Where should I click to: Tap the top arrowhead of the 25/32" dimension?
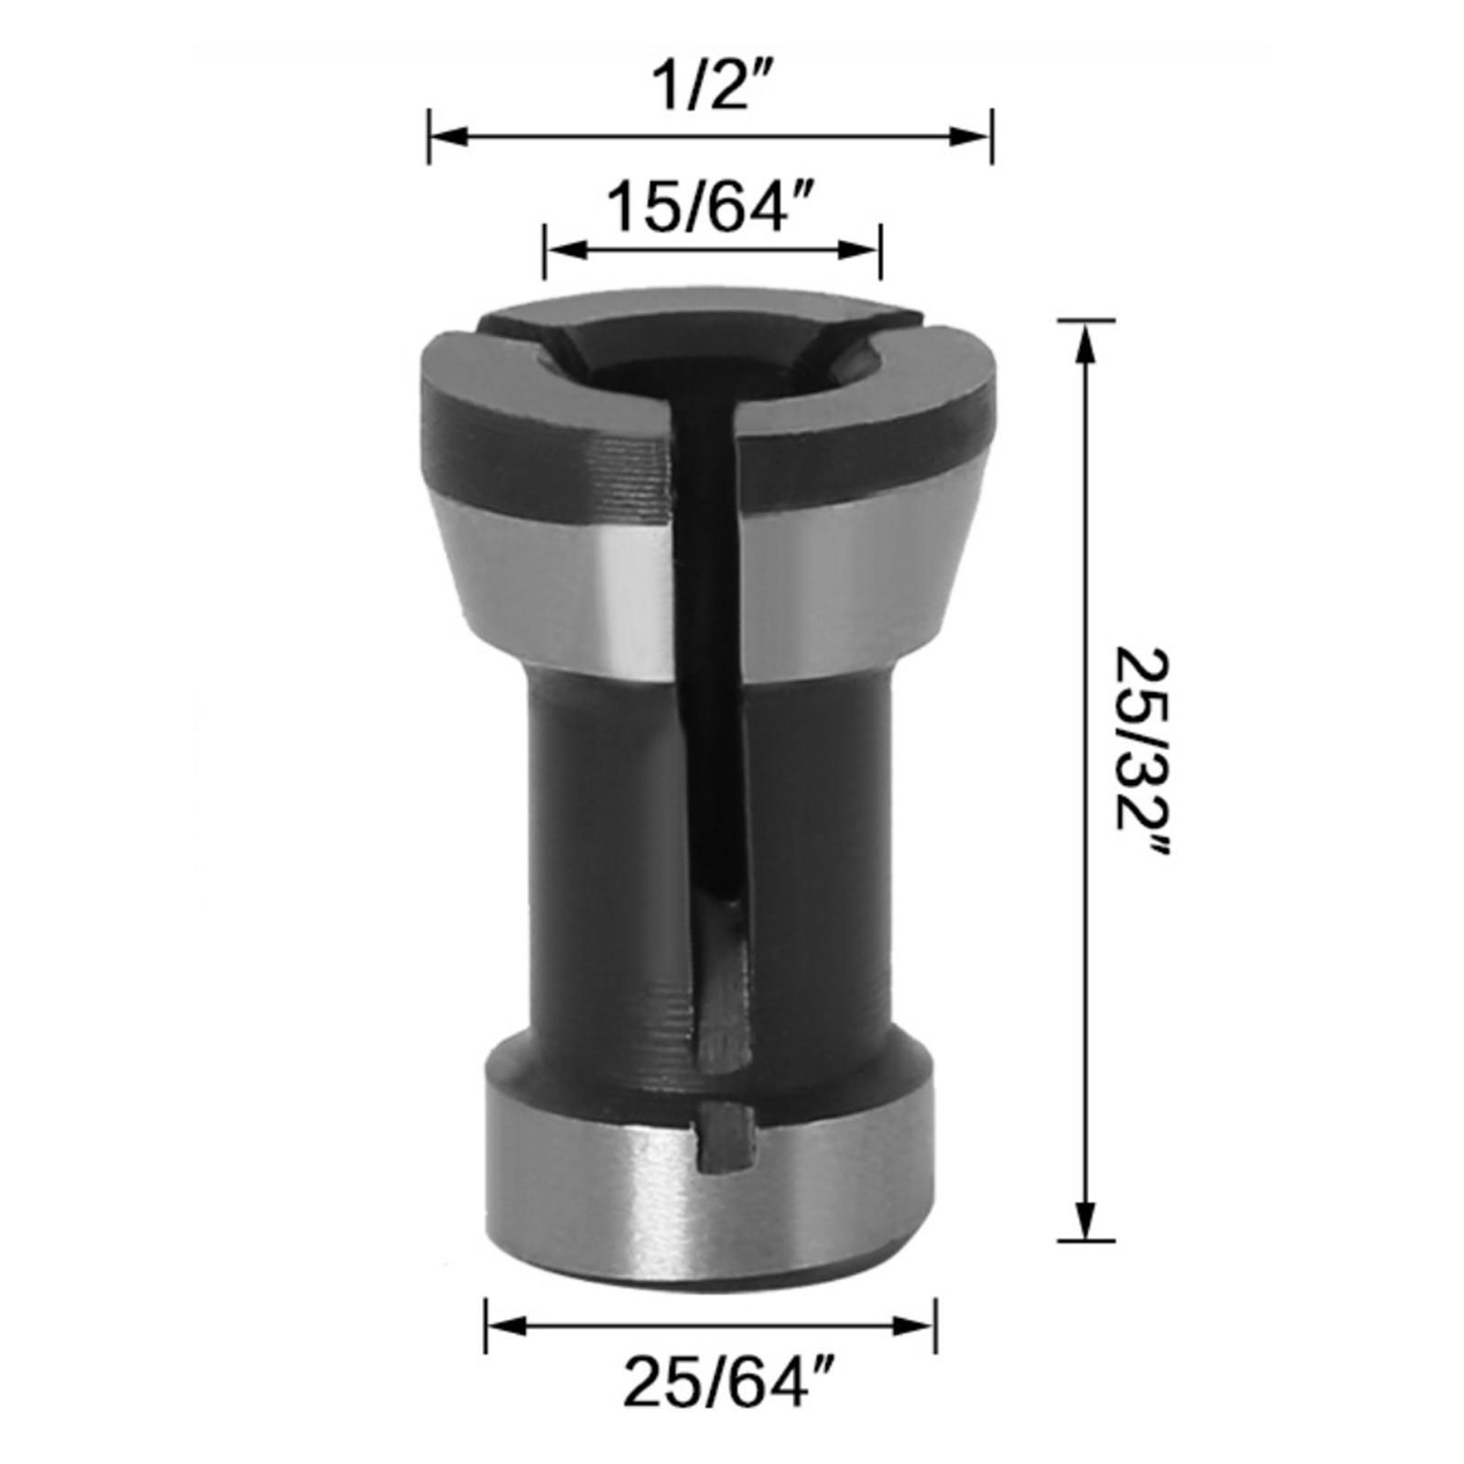pyautogui.click(x=1086, y=343)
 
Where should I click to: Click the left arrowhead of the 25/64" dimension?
pyautogui.click(x=505, y=1324)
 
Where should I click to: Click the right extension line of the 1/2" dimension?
pyautogui.click(x=992, y=137)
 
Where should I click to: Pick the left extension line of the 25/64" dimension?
pyautogui.click(x=485, y=1324)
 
